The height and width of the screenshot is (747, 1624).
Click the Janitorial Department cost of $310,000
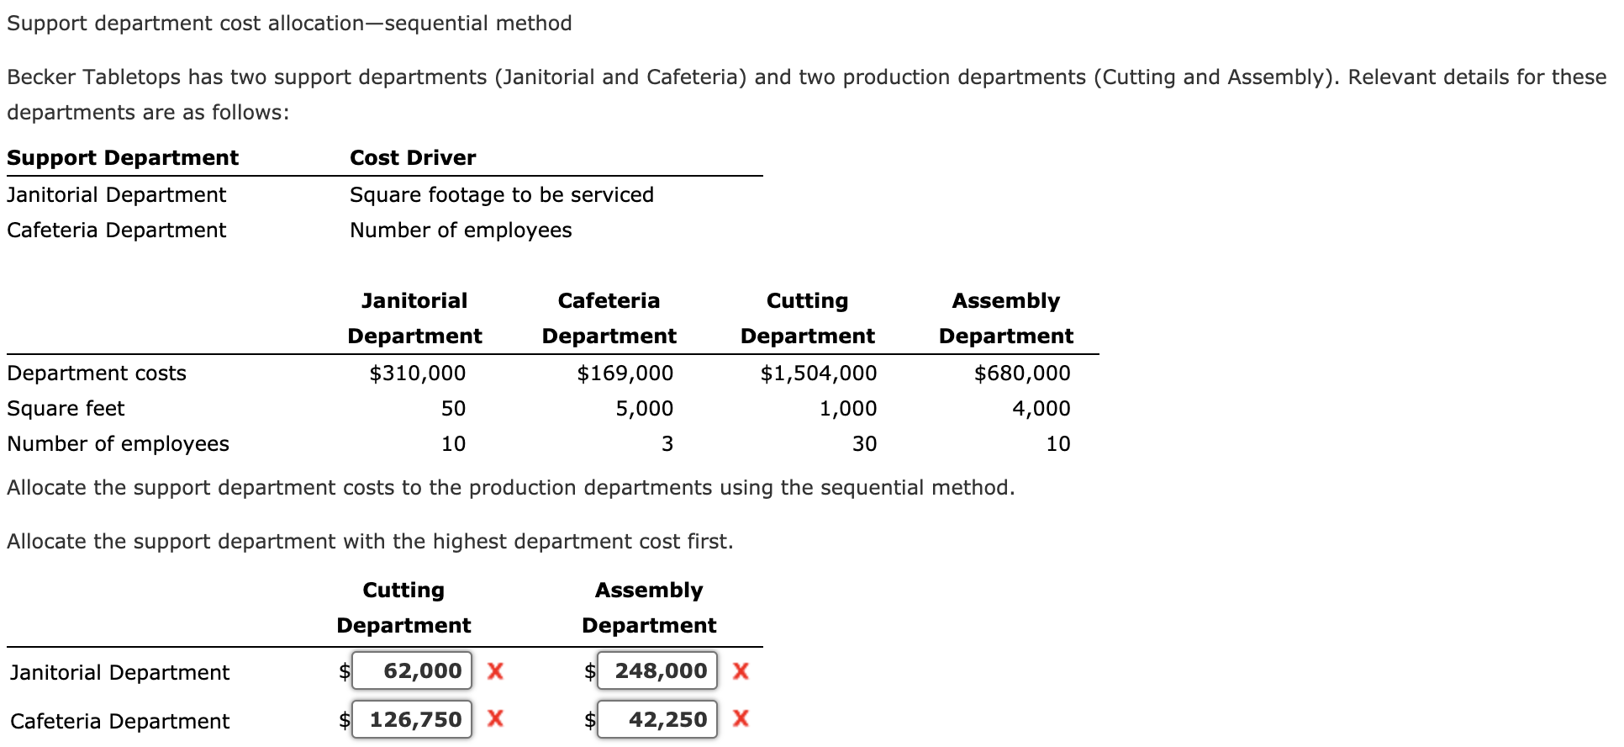click(x=417, y=373)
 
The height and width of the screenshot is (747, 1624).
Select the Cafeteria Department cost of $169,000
click(x=625, y=373)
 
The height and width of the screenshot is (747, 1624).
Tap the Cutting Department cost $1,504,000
click(x=818, y=373)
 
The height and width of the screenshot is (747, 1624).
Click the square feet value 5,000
click(x=644, y=408)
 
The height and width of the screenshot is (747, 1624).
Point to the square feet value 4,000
click(x=1041, y=408)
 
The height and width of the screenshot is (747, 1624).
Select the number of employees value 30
click(x=864, y=443)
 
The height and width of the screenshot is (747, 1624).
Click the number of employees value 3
click(x=667, y=443)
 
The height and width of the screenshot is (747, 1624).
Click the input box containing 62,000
click(x=412, y=670)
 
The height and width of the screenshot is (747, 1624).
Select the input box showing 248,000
click(x=657, y=670)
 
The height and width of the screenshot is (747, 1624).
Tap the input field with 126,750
click(x=412, y=719)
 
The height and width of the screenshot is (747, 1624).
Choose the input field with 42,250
click(x=657, y=719)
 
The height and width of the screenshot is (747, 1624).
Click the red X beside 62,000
click(x=495, y=670)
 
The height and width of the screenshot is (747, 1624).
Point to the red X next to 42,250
click(x=741, y=718)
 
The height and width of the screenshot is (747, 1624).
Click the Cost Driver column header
click(x=413, y=157)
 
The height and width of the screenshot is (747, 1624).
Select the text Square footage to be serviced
click(x=501, y=194)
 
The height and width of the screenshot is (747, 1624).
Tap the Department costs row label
click(x=97, y=373)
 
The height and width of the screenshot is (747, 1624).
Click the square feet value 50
click(x=453, y=408)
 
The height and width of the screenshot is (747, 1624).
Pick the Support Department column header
click(x=123, y=157)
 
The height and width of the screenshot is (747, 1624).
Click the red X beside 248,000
click(x=741, y=670)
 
